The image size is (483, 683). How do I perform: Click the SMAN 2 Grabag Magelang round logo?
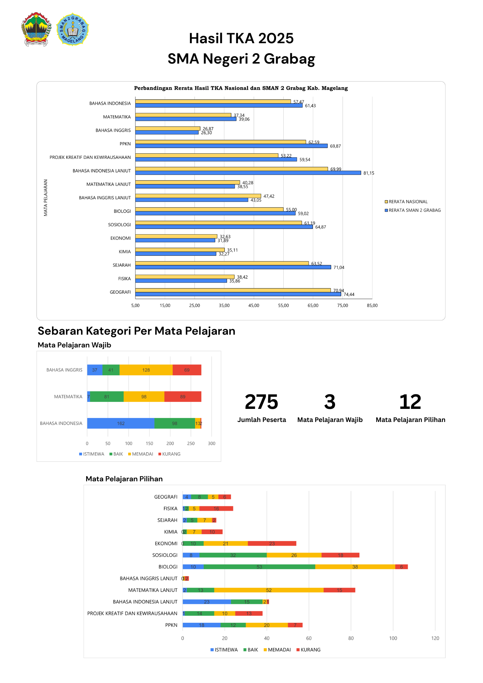point(72,29)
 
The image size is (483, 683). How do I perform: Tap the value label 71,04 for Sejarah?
point(339,267)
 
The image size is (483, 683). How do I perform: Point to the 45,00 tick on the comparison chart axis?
point(254,305)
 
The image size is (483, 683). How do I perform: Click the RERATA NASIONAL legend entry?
point(406,202)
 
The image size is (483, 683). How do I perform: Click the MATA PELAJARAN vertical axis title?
point(46,198)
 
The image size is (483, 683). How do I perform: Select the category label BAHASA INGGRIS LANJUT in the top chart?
point(105,198)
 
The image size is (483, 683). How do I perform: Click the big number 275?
point(261,402)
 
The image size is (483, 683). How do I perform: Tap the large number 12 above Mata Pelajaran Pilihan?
point(410,402)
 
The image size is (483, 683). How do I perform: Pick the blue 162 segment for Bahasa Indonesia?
point(121,423)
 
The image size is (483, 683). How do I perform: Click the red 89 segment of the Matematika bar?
point(183,397)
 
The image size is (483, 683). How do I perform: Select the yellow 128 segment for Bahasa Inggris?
point(146,370)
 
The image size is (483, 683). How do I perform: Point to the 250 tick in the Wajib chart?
point(191,444)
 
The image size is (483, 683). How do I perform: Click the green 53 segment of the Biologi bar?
point(259,567)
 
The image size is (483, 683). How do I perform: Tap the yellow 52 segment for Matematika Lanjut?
point(269,590)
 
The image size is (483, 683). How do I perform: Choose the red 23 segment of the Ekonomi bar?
point(272,543)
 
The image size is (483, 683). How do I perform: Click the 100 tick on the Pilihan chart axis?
point(393,638)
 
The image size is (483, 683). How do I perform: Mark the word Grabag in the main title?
point(289,59)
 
